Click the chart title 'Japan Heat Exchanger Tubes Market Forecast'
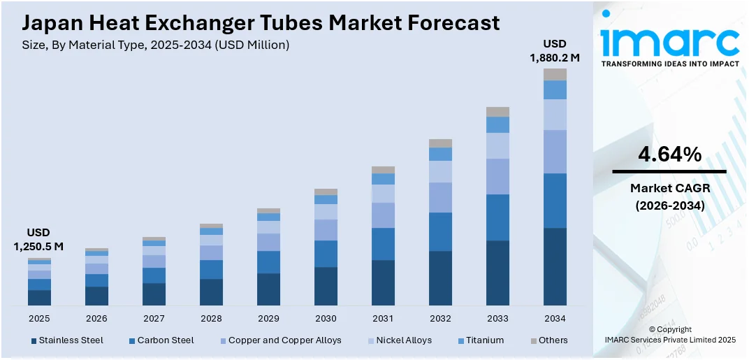261,22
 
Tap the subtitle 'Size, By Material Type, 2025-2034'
156,45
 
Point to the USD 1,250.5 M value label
38,239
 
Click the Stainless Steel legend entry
67,340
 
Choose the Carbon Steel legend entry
161,340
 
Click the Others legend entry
548,340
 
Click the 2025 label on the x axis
39,318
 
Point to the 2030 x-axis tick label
326,318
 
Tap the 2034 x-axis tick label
555,318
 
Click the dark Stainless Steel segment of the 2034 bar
555,266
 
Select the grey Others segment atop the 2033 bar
497,112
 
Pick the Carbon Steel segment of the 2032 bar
440,231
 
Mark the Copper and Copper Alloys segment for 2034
555,152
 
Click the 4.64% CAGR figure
669,155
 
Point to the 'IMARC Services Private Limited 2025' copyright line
670,340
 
